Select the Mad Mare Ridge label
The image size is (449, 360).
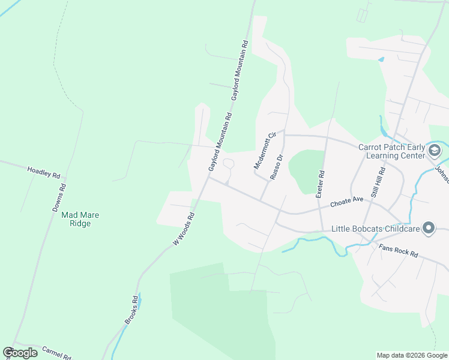click(x=76, y=219)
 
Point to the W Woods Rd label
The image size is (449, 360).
click(x=184, y=229)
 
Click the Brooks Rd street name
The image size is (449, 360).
click(x=131, y=310)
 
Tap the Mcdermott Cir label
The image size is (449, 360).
click(x=264, y=150)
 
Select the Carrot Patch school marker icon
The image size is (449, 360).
click(x=435, y=149)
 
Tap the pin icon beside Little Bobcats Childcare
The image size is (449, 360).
click(x=429, y=228)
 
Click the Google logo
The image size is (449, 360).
click(x=20, y=353)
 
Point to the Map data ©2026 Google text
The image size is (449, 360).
click(x=412, y=355)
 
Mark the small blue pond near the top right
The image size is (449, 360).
click(x=381, y=59)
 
